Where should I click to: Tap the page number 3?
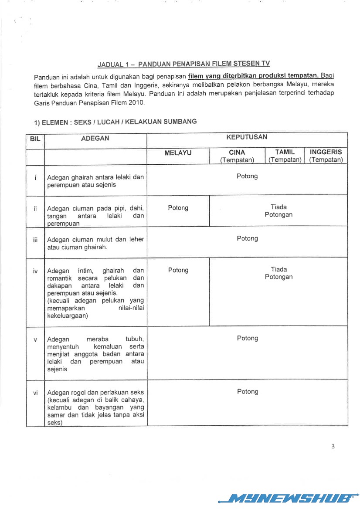coord(333,446)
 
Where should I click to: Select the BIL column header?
coord(35,139)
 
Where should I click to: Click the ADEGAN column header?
coord(95,138)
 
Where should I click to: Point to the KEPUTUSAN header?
coord(247,137)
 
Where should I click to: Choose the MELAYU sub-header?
coord(178,153)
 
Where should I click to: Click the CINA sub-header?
coord(237,153)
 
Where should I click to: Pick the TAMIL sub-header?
coord(285,152)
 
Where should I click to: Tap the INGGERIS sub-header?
coord(326,152)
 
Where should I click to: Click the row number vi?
coord(35,393)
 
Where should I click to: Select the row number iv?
coord(35,271)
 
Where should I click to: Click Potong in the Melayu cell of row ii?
coord(178,208)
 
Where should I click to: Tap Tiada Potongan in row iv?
coord(278,273)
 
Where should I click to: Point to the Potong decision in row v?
coord(247,338)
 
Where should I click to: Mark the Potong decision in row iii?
coord(247,238)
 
